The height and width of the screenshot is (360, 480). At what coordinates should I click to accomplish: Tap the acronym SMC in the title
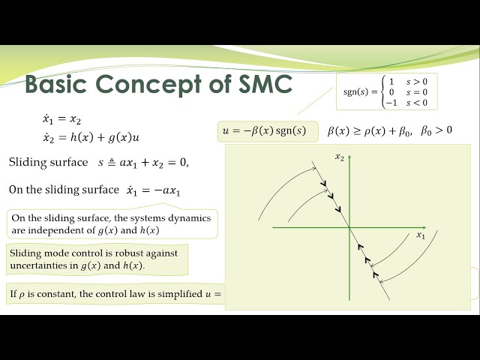click(256, 84)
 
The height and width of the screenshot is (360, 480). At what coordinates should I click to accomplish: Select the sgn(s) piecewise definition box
click(387, 91)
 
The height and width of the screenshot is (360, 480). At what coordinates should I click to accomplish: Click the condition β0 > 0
click(436, 130)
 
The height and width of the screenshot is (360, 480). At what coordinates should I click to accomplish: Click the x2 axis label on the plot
click(339, 157)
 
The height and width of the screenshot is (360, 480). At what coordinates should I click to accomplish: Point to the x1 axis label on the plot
click(421, 235)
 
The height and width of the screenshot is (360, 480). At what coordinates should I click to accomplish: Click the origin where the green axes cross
click(350, 226)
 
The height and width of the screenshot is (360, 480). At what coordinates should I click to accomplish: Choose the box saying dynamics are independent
click(112, 224)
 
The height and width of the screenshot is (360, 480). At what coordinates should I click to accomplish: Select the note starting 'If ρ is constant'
click(112, 292)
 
